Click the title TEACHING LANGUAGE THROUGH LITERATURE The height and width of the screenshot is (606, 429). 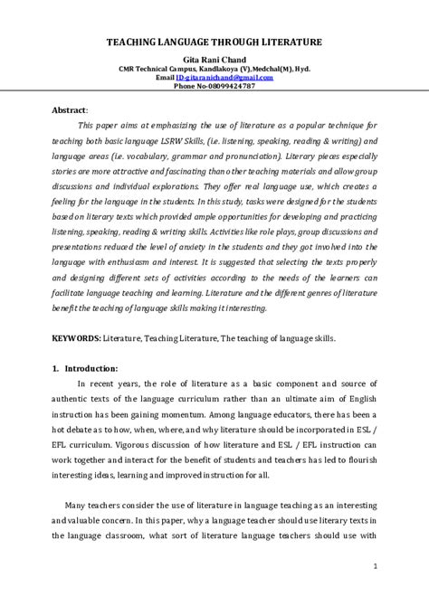(x=214, y=42)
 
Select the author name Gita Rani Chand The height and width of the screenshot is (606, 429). (x=214, y=59)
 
